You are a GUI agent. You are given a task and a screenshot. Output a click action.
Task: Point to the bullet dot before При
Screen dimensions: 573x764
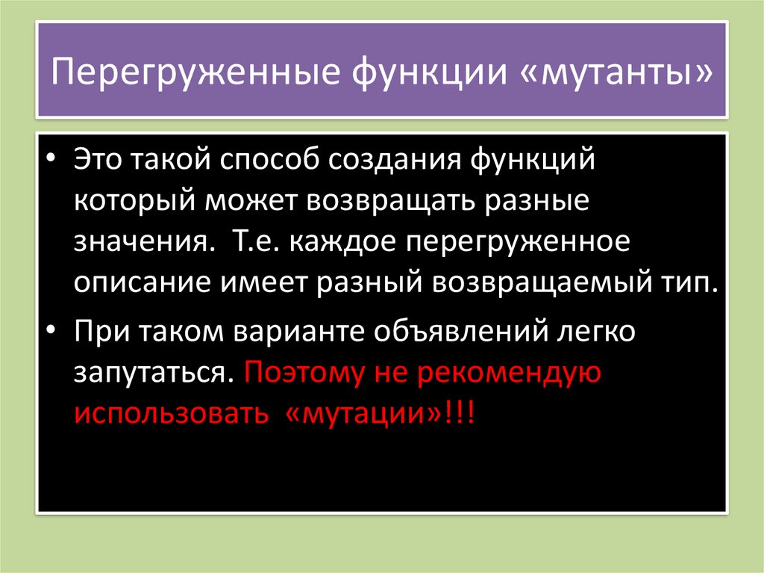51,331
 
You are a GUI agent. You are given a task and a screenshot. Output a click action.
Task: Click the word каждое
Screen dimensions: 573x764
339,244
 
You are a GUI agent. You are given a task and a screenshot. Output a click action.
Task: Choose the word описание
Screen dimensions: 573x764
142,285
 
